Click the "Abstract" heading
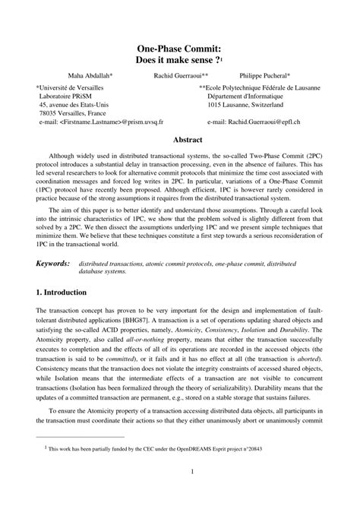tap(187, 141)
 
